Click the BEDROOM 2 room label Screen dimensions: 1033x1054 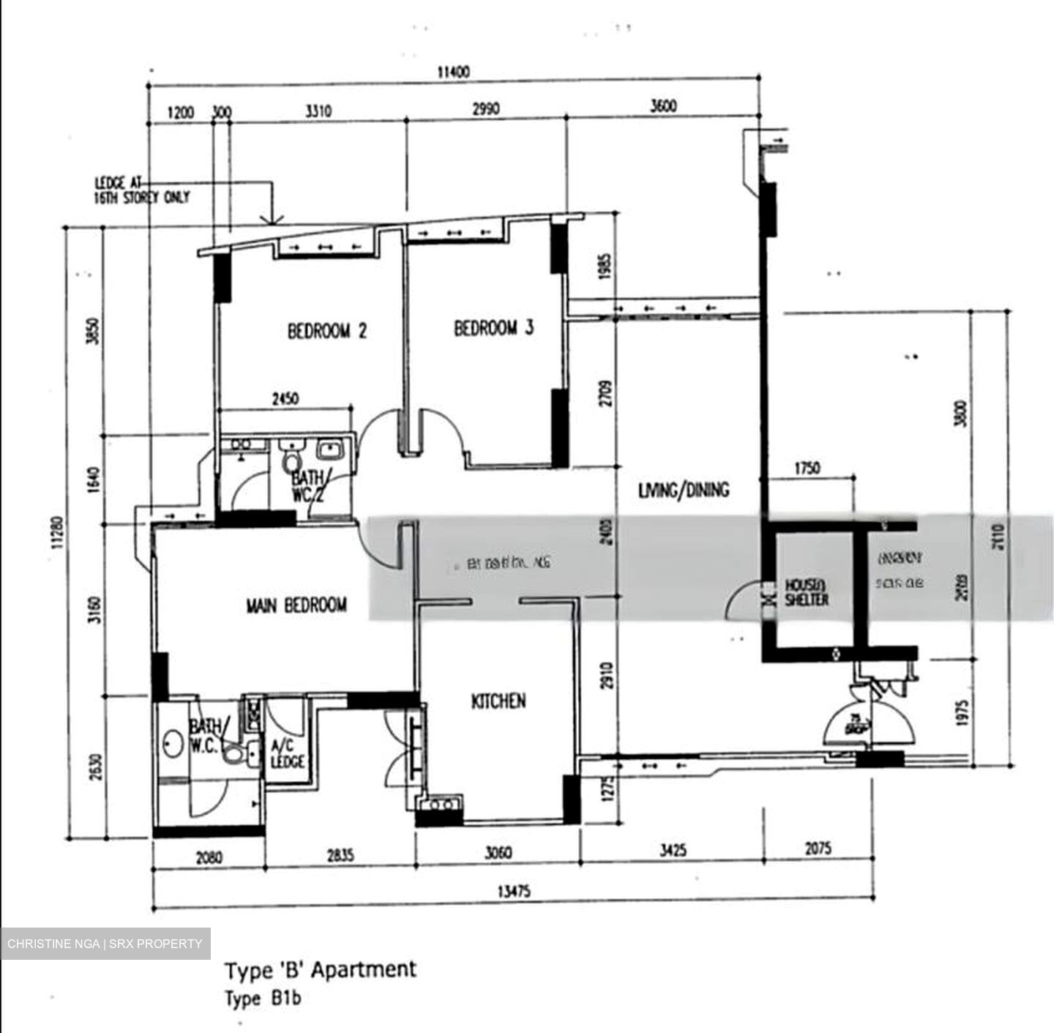pos(326,332)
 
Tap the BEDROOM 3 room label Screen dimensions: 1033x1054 pos(493,328)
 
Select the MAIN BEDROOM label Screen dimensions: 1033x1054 pos(296,605)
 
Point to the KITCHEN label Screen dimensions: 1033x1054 pos(498,701)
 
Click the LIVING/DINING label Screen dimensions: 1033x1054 pos(684,490)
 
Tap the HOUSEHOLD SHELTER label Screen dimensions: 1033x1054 pos(807,592)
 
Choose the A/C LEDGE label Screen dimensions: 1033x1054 pos(287,755)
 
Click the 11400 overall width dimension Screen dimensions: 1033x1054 pos(453,72)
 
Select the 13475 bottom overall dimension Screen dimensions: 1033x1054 pos(514,892)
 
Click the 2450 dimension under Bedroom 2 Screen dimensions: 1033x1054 pos(285,400)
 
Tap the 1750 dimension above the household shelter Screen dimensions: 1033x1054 pos(807,468)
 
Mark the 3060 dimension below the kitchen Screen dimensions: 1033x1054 pos(498,853)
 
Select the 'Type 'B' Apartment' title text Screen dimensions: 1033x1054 pos(321,970)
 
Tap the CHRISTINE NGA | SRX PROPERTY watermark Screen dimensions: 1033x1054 pos(105,944)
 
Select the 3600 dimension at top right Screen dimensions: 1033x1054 pos(663,106)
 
